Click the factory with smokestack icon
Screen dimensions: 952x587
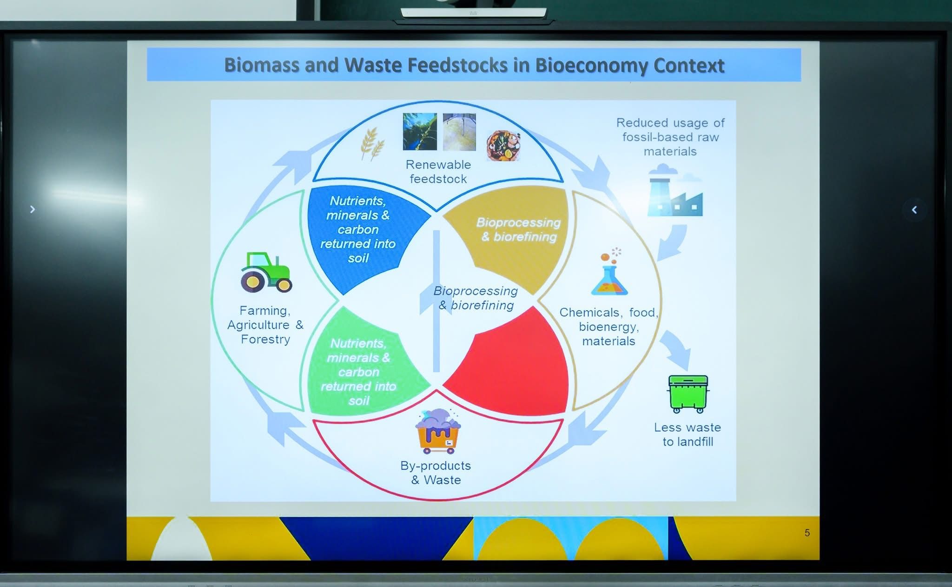coord(675,190)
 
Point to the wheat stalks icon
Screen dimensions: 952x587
coord(372,143)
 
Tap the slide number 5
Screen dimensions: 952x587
coord(807,533)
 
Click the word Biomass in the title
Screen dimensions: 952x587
coord(262,65)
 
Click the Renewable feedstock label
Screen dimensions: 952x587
coord(438,172)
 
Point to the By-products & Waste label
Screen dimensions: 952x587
coord(436,473)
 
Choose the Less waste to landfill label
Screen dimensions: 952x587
coord(688,434)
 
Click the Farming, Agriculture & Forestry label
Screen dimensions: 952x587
coord(265,325)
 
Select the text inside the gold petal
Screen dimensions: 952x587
coord(518,229)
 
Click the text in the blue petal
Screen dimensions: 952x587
coord(358,229)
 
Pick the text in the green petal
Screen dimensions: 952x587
coord(358,372)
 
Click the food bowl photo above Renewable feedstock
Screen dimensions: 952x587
coord(503,146)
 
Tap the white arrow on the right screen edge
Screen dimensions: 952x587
coord(914,210)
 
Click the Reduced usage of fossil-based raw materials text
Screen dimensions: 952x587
coord(670,137)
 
